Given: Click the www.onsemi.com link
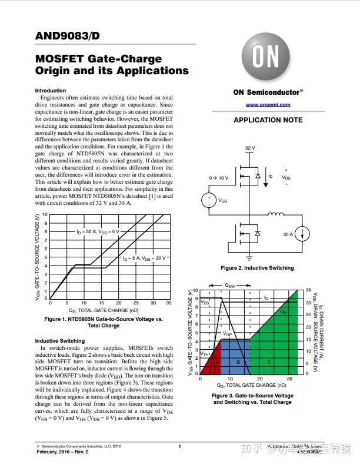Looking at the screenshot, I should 268,105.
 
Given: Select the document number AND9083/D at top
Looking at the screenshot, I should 67,36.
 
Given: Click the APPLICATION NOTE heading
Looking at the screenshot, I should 268,120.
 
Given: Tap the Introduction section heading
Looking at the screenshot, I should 51,91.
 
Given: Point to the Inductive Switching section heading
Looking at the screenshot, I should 59,341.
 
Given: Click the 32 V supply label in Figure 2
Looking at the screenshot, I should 250,148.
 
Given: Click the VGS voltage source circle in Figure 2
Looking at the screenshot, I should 209,200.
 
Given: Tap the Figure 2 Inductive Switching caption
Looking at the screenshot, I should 257,268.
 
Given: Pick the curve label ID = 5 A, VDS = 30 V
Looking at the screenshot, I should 144,258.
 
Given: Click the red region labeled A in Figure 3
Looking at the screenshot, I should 217,362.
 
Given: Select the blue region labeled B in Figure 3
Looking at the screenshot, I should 238,362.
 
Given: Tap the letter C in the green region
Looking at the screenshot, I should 269,362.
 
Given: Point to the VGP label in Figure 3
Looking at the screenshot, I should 227,334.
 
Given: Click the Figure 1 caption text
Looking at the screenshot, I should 104,322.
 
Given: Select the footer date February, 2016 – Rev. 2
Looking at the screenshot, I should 62,452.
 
